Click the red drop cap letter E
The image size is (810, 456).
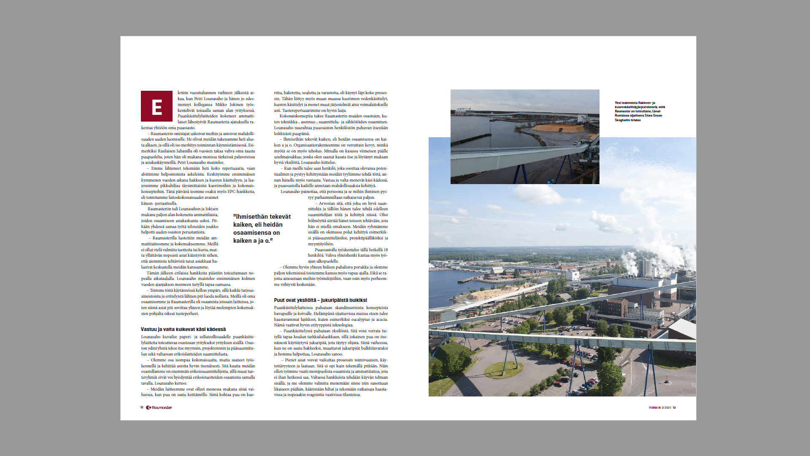tap(157, 106)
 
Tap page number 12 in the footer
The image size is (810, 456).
tap(142, 407)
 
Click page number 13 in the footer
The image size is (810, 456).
tap(674, 407)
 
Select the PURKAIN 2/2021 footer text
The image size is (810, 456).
tap(660, 407)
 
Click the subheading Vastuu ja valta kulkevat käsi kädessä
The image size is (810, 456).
tap(183, 329)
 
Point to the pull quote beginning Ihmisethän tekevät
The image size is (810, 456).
tap(262, 228)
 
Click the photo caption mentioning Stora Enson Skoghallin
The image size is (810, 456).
tap(640, 111)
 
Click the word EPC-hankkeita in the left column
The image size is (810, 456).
tap(241, 191)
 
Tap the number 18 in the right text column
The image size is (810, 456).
tap(385, 250)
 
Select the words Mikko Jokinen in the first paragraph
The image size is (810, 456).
tap(230, 104)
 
